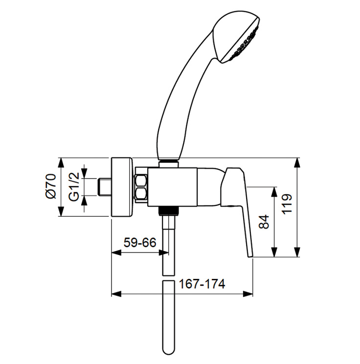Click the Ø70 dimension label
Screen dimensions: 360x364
(51, 186)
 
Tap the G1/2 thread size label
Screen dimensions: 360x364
(74, 187)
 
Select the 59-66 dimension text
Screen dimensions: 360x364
(140, 243)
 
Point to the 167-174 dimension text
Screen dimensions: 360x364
(202, 284)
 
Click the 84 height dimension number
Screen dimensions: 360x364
(264, 222)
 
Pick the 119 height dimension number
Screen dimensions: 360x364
(287, 204)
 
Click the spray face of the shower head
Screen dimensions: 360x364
(244, 44)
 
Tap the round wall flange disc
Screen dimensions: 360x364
(122, 187)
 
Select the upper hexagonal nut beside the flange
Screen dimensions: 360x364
(141, 181)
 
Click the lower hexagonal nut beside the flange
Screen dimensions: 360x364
(141, 193)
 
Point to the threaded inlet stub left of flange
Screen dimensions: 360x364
(104, 187)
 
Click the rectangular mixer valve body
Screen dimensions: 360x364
(172, 187)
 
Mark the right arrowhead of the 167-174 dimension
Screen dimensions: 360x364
(247, 294)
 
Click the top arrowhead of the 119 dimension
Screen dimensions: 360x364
(296, 162)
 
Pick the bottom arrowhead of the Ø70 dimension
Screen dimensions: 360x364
(61, 212)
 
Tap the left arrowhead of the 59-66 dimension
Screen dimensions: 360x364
(116, 253)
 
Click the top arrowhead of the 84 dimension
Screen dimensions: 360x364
(274, 192)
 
